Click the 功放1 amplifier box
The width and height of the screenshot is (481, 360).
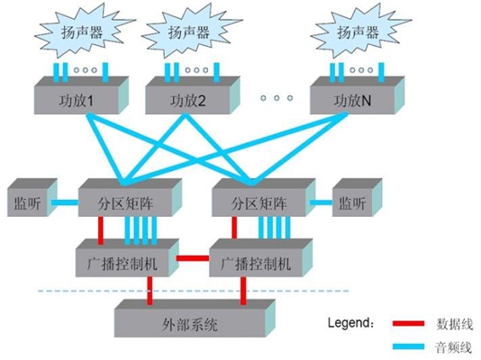(x=81, y=95)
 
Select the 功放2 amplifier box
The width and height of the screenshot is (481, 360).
(x=192, y=95)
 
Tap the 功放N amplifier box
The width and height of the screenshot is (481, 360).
(x=357, y=95)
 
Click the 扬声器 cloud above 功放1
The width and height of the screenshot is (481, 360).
(x=84, y=31)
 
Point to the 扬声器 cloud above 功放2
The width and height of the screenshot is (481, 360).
(x=191, y=31)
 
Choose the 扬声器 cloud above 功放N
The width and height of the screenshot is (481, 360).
(x=359, y=31)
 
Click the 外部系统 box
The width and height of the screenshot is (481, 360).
(x=195, y=319)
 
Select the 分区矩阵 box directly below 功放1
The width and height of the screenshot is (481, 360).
(x=130, y=198)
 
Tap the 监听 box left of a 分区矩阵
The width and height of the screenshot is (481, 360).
(x=32, y=198)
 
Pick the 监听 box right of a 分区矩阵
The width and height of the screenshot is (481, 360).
(x=358, y=198)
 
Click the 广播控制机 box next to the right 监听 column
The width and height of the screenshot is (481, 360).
(x=260, y=258)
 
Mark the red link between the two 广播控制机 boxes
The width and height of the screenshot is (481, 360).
(x=193, y=258)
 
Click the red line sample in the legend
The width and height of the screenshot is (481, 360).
(x=409, y=323)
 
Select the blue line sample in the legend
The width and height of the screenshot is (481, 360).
(x=409, y=346)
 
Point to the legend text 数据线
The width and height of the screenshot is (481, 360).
(x=454, y=324)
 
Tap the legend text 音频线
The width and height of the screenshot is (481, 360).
(x=453, y=347)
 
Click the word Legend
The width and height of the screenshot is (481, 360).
(x=350, y=322)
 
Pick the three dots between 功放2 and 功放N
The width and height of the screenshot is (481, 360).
(x=277, y=98)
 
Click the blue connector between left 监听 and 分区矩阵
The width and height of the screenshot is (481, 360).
(x=65, y=202)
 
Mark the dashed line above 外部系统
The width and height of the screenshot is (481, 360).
(x=194, y=291)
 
